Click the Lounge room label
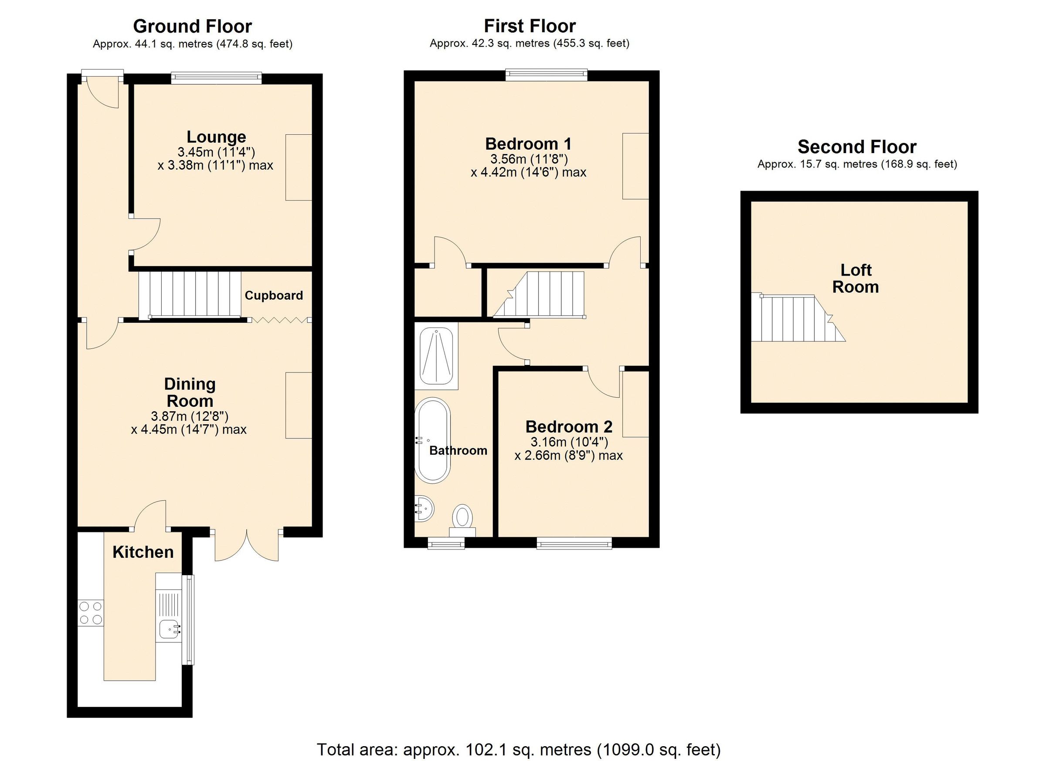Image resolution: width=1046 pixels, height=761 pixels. point(216,137)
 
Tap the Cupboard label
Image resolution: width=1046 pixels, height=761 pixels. point(274,295)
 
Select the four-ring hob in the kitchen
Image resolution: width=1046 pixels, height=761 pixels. point(90,613)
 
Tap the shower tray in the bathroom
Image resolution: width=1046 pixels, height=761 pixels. point(436,356)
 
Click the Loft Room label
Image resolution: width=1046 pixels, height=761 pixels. point(856,278)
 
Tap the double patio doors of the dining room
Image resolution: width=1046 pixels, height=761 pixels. point(247,545)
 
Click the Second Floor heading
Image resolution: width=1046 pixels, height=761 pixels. point(856,147)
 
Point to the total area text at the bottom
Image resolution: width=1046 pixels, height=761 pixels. point(518,750)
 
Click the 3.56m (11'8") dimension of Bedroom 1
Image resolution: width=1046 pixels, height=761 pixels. point(529,159)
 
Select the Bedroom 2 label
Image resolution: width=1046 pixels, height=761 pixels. point(569,426)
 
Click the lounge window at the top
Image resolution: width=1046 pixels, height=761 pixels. point(216,78)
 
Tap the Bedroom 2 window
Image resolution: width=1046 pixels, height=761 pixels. point(574,545)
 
